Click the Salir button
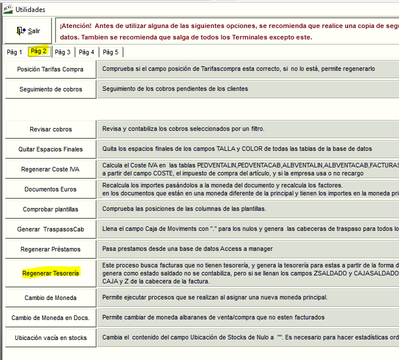click(x=29, y=31)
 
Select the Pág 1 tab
click(x=14, y=52)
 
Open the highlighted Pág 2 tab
click(x=39, y=51)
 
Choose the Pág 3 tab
click(x=63, y=52)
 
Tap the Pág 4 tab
click(x=87, y=52)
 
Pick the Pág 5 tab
click(x=111, y=52)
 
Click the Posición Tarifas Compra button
click(x=50, y=69)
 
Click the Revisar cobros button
click(x=50, y=129)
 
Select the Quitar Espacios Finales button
click(x=50, y=149)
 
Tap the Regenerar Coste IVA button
click(x=50, y=169)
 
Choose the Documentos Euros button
click(x=50, y=189)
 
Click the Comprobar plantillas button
click(x=50, y=209)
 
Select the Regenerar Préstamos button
click(x=50, y=249)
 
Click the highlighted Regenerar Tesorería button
click(x=50, y=273)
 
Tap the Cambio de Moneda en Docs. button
click(x=50, y=318)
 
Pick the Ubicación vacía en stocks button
click(x=50, y=338)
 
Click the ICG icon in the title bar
click(x=7, y=9)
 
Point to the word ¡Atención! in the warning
click(x=75, y=26)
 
